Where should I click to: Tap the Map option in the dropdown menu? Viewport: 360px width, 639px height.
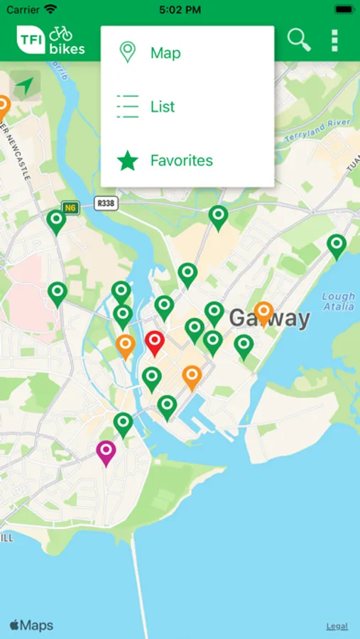point(165,53)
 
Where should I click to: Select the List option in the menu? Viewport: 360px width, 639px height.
point(163,106)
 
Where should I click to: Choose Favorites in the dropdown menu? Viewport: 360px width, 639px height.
point(181,160)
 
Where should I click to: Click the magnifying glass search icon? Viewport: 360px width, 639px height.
point(299,40)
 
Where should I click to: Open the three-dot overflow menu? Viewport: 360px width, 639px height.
point(334,40)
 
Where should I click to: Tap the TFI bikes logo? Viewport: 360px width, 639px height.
point(51,40)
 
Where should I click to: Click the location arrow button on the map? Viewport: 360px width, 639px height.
point(25,86)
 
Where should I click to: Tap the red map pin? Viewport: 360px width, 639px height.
point(154,342)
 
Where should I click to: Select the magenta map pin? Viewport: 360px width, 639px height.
point(106,452)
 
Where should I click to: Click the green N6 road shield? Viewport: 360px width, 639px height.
point(70,208)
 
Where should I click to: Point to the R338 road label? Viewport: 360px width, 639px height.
point(105,204)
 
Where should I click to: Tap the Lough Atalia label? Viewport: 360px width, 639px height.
point(338,301)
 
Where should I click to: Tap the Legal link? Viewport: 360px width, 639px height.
point(337,626)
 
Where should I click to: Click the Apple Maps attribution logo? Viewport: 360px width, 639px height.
point(31,626)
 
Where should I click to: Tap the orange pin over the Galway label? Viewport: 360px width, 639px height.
point(263,311)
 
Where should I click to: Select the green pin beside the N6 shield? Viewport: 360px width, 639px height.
point(56,221)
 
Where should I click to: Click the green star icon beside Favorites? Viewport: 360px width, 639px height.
point(127,160)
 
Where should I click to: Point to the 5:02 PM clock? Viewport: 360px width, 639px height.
point(180,10)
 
